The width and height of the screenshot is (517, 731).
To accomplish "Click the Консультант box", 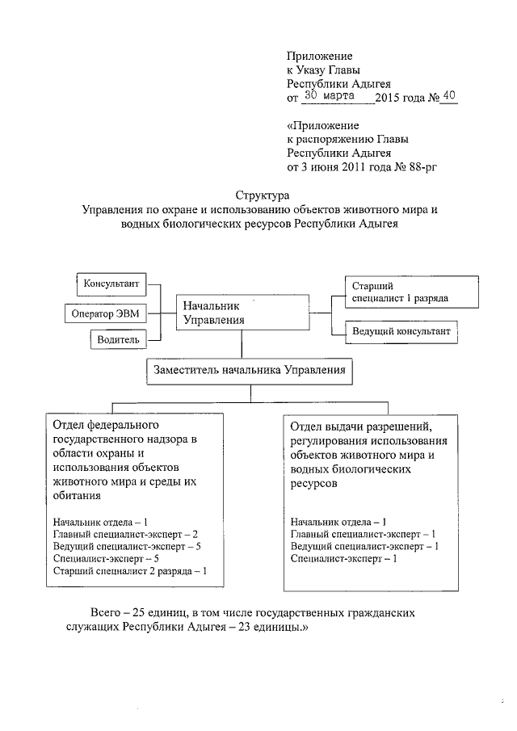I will click(111, 284).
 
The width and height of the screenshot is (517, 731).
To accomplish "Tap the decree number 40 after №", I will click(449, 97).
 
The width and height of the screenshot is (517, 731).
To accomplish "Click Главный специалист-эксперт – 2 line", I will click(124, 534).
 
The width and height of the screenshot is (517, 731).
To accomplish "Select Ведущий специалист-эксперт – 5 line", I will click(126, 546).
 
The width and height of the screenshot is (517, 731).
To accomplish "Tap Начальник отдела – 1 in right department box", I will click(338, 522).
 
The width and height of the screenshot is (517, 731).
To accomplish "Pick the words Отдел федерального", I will click(105, 424).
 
